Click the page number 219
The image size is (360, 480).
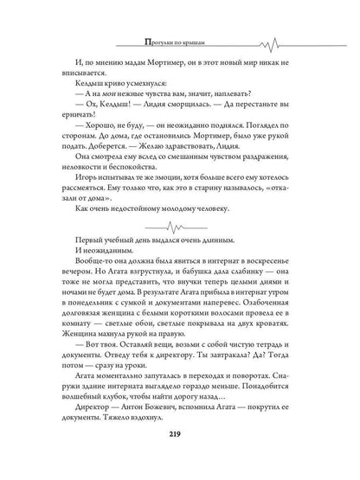tap(180, 458)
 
